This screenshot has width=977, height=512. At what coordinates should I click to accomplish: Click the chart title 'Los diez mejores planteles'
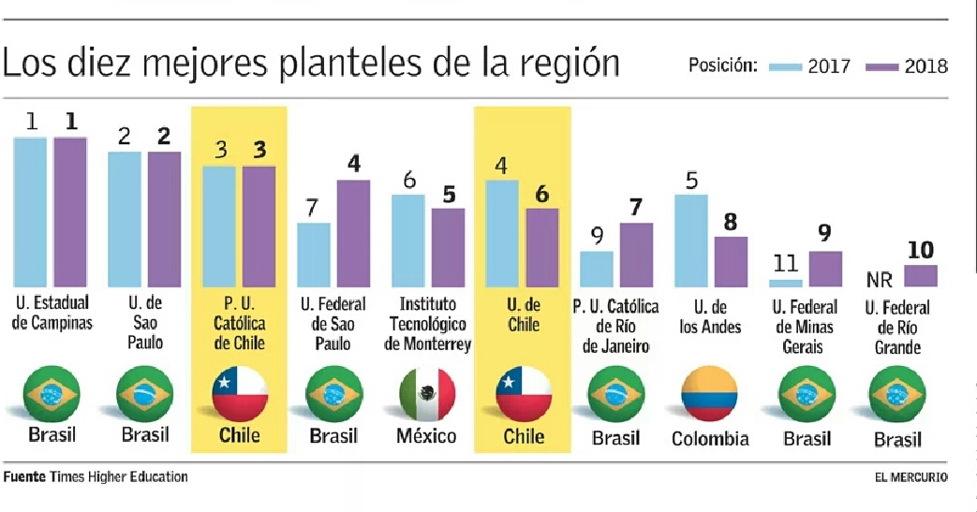(x=310, y=63)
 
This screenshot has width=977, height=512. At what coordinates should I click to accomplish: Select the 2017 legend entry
(x=810, y=66)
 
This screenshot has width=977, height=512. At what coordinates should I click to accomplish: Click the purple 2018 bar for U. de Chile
(x=541, y=247)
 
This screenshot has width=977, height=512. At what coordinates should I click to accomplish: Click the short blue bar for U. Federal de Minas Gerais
(x=786, y=282)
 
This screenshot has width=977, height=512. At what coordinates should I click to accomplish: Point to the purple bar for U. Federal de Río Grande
(x=920, y=275)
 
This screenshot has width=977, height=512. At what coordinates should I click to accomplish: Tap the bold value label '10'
(x=920, y=251)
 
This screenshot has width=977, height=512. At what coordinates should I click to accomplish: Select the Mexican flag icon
(x=427, y=394)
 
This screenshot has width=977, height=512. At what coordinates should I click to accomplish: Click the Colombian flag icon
(x=710, y=394)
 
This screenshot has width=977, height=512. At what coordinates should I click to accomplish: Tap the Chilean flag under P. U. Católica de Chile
(x=239, y=394)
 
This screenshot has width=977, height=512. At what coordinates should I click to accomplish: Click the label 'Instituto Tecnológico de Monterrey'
(x=427, y=324)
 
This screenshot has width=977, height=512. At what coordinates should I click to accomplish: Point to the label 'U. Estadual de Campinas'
(x=52, y=315)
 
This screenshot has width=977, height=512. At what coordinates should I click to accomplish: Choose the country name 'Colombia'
(x=710, y=438)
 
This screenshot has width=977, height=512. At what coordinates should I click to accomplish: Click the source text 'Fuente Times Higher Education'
(x=95, y=477)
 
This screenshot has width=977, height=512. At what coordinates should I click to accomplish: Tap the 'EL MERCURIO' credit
(x=910, y=477)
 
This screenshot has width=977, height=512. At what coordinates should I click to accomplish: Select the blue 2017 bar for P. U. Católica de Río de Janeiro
(x=597, y=269)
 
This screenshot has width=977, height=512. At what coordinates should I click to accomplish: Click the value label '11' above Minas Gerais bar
(x=786, y=265)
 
